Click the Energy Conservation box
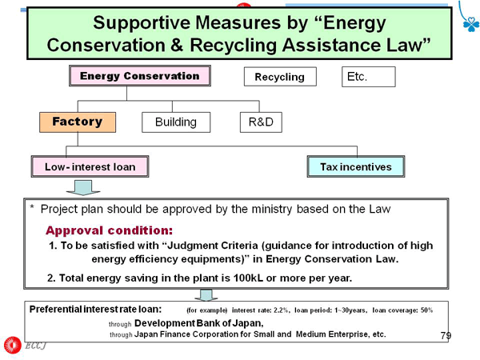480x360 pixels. pos(140,76)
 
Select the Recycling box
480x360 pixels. pos(280,77)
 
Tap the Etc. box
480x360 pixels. pos(369,77)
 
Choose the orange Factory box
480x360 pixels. pos(78,122)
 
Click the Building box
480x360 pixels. pos(176,122)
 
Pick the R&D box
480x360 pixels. pos(261,122)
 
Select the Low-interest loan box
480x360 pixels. pos(90,166)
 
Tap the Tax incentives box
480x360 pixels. pos(356,166)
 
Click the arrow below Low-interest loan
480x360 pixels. pos(83,188)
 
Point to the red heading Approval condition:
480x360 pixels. pos(110,230)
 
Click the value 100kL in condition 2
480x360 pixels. pos(248,278)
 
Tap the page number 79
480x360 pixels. pos(446,336)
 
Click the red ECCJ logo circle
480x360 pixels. pos(13,345)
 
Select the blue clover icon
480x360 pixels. pos(471,24)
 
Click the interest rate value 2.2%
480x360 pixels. pos(281,310)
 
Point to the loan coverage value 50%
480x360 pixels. pos(426,310)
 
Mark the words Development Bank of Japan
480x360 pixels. pos(198,323)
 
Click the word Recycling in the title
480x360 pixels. pos(234,46)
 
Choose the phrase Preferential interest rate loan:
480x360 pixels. pos(95,309)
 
